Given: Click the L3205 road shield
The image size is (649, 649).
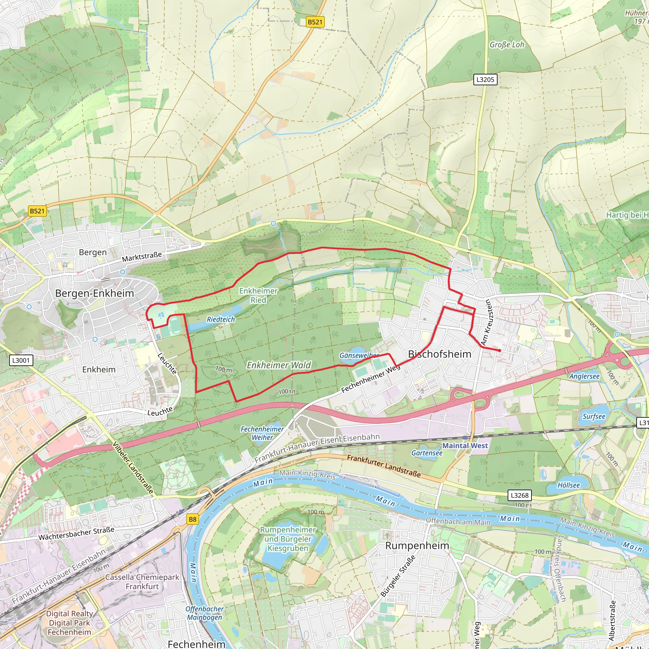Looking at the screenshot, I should pos(485,80).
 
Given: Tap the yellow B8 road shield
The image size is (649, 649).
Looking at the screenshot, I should pos(192,519).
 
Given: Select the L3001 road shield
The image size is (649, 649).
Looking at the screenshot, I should pos(21,360).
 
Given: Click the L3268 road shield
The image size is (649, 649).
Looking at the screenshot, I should pos(520,495).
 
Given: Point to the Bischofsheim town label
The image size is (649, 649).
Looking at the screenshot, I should pos(440,354).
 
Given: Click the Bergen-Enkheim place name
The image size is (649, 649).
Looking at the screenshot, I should pos(94,293).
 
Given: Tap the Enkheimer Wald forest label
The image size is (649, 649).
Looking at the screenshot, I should pos(279,365).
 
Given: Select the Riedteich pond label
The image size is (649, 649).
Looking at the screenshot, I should pos(221,319).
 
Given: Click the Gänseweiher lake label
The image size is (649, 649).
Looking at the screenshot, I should pos(359,356).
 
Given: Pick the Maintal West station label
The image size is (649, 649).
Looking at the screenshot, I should pos(465,446).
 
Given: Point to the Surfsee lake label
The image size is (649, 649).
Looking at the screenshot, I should pos(594,416).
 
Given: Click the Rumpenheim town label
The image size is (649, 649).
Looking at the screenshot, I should pos(417,546).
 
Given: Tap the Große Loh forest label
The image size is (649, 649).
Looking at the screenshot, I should pos(507,45).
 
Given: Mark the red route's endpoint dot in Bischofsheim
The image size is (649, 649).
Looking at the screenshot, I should pos(499,350).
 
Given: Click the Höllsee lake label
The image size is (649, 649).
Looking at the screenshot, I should pos(569,485).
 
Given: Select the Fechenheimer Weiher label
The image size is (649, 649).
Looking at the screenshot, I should pos(262,433).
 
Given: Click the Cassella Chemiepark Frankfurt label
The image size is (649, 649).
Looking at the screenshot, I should pos(142,582).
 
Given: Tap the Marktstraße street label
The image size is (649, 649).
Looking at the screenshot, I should pos(142,257).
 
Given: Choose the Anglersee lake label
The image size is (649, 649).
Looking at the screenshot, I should pos(584,376).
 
